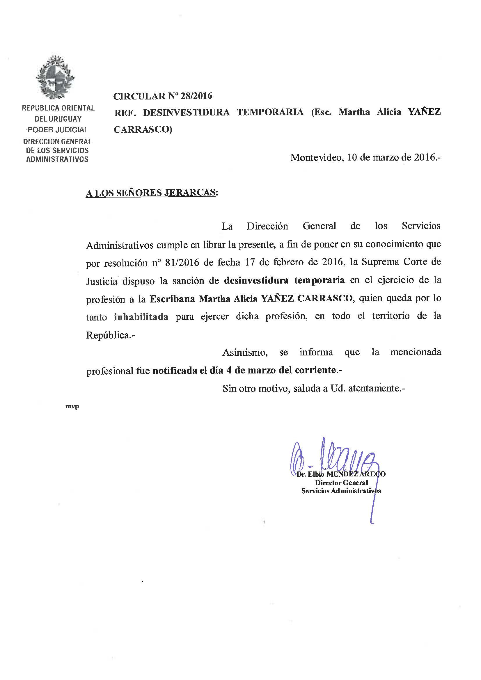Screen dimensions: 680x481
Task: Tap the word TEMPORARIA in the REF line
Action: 270,112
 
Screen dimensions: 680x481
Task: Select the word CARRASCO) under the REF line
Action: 143,130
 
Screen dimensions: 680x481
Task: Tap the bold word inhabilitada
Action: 141,317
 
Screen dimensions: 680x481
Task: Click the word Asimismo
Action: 245,353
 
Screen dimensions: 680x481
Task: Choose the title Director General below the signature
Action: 341,483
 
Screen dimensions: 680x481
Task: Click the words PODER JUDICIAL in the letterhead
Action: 58,130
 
